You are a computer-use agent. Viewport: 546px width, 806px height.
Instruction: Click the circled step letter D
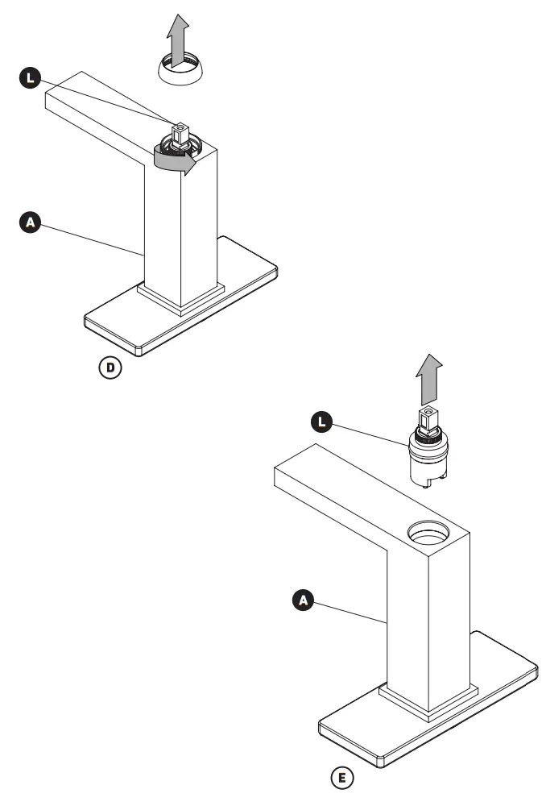(111, 368)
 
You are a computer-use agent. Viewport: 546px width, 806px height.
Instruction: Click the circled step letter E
(343, 779)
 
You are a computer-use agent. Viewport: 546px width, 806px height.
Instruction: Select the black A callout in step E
(302, 600)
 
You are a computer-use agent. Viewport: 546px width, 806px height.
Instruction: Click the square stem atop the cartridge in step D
(181, 131)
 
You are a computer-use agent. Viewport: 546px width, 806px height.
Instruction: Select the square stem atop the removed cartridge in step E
(428, 417)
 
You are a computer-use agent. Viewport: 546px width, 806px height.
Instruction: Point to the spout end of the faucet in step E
(295, 476)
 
